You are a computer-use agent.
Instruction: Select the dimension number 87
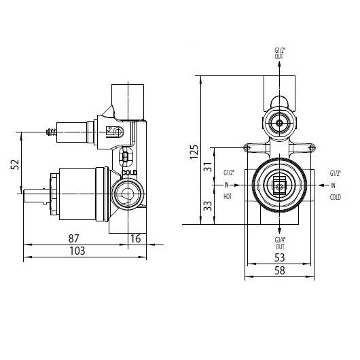pos(74,238)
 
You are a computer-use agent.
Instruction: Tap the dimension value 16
pos(135,239)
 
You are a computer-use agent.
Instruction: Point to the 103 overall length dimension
pos(77,251)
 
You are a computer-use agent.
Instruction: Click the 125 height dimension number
pos(194,151)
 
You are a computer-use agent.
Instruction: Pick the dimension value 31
pos(208,167)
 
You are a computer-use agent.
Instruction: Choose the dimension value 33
pos(208,206)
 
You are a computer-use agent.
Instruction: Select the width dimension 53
pos(280,257)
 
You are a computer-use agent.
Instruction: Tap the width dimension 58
pos(280,270)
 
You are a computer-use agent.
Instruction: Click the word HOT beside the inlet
pos(228,196)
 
